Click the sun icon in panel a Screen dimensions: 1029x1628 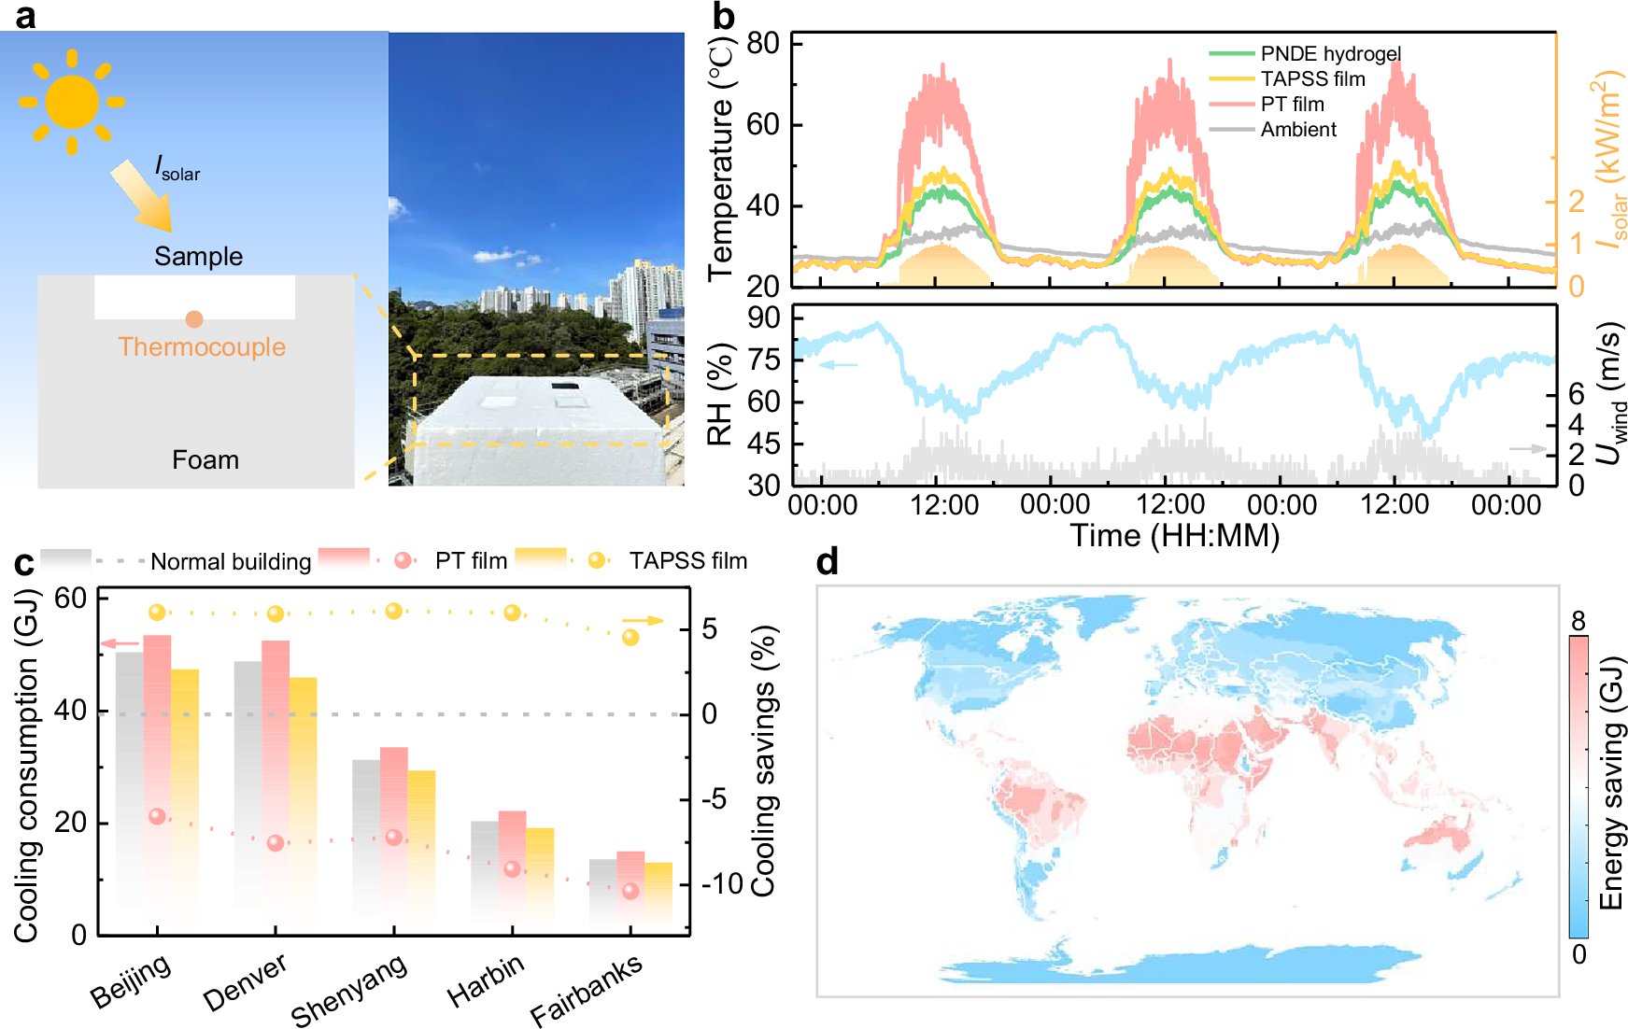(72, 102)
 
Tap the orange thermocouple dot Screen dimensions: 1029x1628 (194, 319)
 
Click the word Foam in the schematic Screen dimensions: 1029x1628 (205, 459)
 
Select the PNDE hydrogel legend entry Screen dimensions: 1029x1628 (1330, 54)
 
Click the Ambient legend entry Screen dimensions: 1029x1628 (1298, 130)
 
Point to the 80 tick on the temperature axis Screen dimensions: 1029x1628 (763, 43)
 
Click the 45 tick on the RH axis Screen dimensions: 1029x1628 (763, 444)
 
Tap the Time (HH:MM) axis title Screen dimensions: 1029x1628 (1174, 536)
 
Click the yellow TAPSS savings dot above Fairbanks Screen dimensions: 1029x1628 (630, 638)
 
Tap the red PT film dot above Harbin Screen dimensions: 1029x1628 (512, 869)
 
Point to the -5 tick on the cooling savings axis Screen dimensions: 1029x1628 (715, 799)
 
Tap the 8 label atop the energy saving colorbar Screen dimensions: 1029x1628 (1578, 621)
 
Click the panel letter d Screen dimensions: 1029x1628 (827, 562)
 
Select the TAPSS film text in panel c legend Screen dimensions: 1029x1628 (687, 561)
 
